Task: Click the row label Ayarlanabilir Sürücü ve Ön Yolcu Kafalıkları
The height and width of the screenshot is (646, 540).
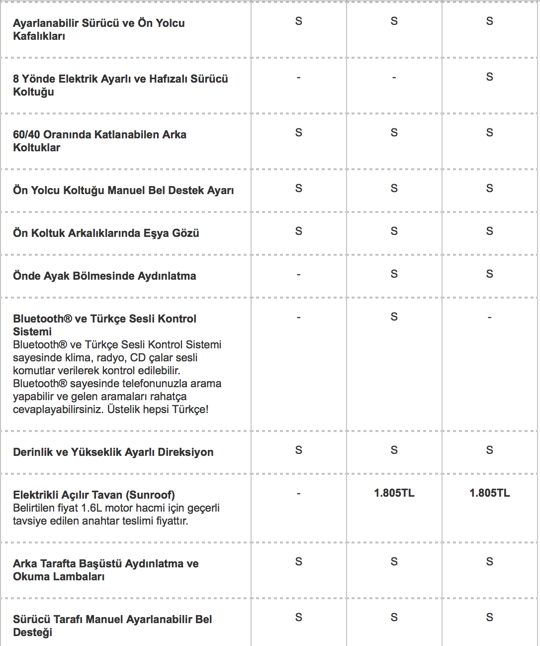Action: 98,29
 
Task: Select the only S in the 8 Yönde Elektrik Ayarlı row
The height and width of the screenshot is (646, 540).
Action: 490,77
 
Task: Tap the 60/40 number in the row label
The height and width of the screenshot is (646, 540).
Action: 26,135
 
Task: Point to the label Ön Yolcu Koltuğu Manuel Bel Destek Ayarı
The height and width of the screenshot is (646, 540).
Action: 123,191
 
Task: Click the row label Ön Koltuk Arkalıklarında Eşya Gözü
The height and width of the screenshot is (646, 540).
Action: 106,233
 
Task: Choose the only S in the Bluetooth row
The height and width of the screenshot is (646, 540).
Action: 394,317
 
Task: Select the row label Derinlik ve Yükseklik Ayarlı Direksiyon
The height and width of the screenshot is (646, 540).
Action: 113,452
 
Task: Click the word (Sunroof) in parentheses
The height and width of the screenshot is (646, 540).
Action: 150,495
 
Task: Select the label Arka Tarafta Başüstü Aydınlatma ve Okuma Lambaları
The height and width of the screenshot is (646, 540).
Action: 105,570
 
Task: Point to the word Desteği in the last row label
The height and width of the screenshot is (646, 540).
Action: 33,633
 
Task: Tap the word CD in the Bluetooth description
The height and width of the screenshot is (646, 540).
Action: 138,358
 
